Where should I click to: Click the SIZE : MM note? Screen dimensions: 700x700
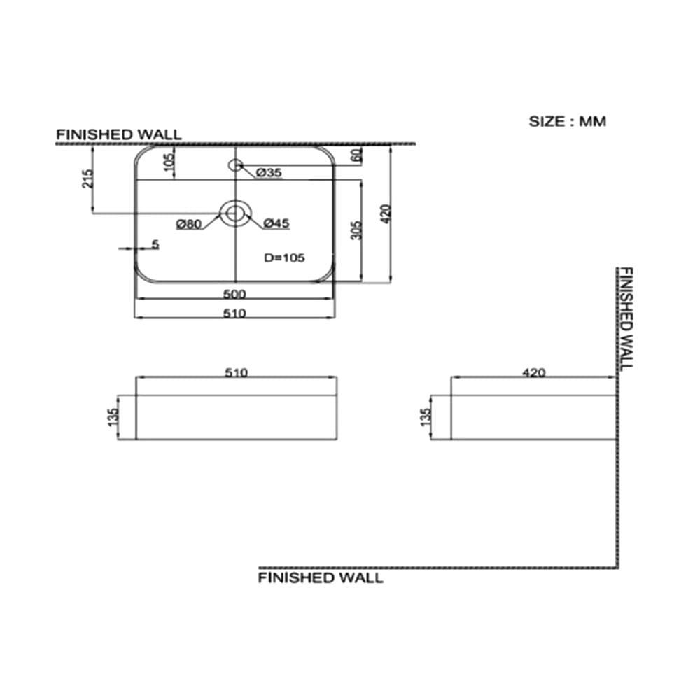tap(568, 121)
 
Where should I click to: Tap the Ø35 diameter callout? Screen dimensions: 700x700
tap(269, 172)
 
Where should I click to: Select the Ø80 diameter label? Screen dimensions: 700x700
tap(189, 224)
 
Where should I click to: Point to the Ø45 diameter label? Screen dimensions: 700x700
tap(276, 223)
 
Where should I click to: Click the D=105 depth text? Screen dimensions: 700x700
tap(284, 258)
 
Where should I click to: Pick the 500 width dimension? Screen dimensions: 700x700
tap(234, 294)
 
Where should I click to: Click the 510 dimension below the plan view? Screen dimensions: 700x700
tap(234, 314)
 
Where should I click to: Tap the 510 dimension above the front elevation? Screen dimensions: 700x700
tap(236, 372)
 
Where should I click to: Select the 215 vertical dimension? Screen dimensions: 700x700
tap(88, 178)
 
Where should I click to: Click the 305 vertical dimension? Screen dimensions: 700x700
tap(357, 230)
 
